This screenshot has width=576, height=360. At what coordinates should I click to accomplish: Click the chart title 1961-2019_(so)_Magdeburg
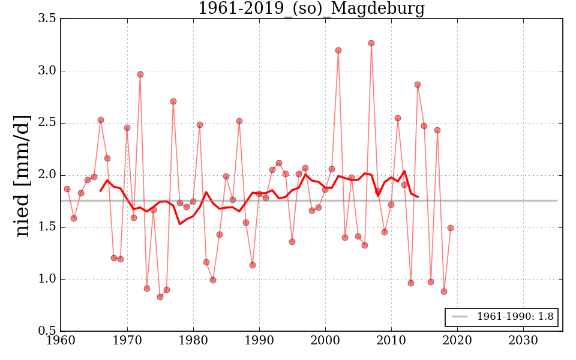pyautogui.click(x=311, y=8)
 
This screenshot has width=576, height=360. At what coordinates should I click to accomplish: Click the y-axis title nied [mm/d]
pyautogui.click(x=23, y=175)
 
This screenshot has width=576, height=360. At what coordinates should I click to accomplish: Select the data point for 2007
pyautogui.click(x=371, y=43)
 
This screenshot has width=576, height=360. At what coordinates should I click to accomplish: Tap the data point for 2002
pyautogui.click(x=338, y=50)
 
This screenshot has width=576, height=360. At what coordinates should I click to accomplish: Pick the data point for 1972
pyautogui.click(x=140, y=74)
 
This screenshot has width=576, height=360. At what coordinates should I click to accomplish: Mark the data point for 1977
pyautogui.click(x=173, y=101)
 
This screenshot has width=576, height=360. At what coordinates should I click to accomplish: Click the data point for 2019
pyautogui.click(x=451, y=228)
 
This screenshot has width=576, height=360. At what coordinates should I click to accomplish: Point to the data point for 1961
pyautogui.click(x=67, y=189)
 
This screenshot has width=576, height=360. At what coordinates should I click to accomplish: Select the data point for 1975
pyautogui.click(x=160, y=297)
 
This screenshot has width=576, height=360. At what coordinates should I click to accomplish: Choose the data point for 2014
pyautogui.click(x=418, y=85)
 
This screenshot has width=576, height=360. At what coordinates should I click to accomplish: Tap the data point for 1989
pyautogui.click(x=253, y=265)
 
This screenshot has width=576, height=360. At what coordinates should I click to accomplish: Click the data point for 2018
pyautogui.click(x=444, y=292)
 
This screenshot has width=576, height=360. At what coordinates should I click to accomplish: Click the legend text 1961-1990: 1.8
pyautogui.click(x=515, y=316)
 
